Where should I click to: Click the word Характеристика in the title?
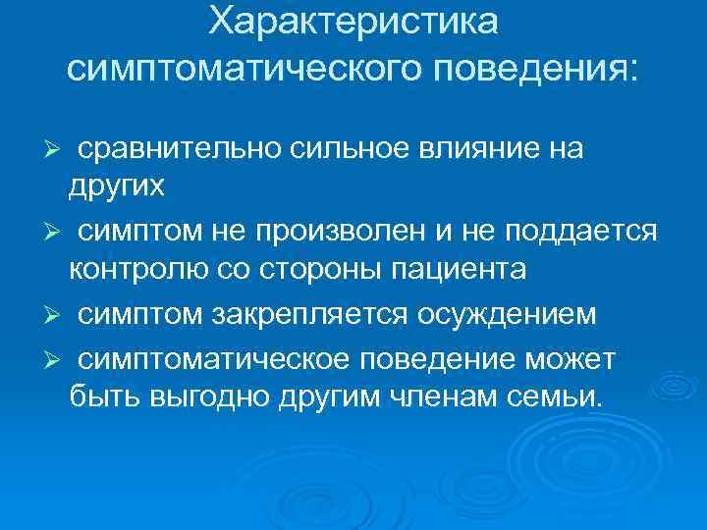coord(353,22)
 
